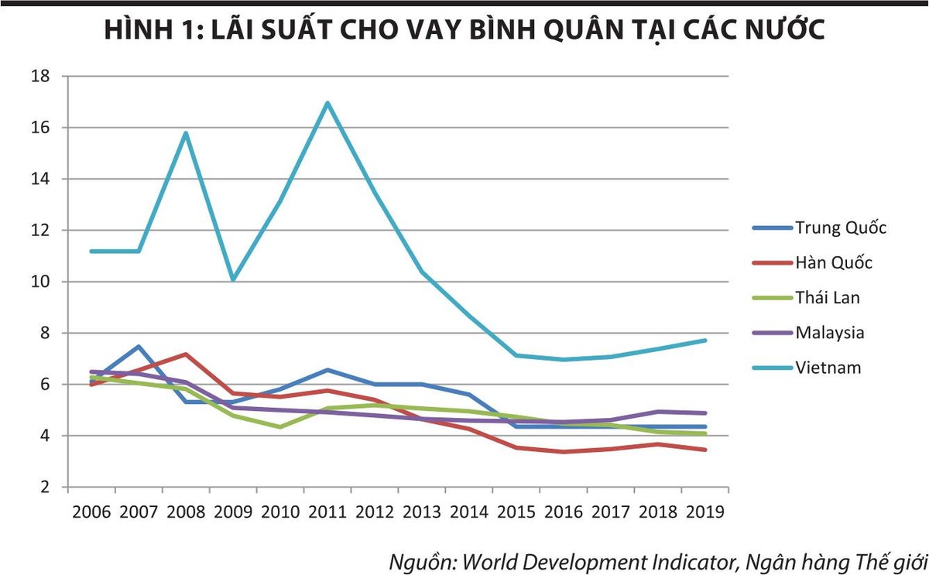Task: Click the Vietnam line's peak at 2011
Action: click(327, 102)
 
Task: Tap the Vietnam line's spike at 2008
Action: click(186, 132)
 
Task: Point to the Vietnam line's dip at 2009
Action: click(233, 279)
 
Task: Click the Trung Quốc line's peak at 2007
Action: click(139, 346)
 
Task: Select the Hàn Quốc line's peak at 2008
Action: click(186, 354)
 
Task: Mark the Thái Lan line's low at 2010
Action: click(280, 426)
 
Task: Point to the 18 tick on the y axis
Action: click(41, 77)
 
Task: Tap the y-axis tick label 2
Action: click(46, 488)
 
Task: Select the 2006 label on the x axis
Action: click(91, 512)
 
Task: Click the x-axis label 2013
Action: click(422, 512)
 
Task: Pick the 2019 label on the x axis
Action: click(704, 512)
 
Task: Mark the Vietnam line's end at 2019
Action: click(704, 341)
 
